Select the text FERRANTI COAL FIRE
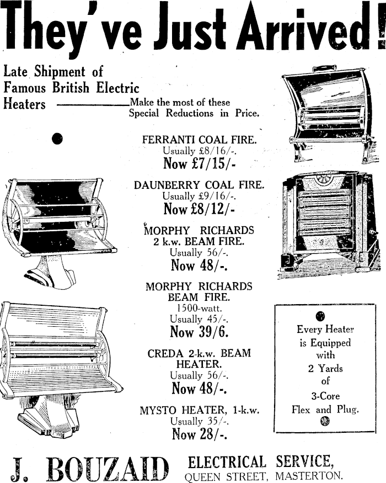point(199,140)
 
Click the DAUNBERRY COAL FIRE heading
point(199,185)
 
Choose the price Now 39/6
point(199,332)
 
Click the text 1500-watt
point(199,308)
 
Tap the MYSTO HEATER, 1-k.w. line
point(199,410)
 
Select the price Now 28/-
point(199,434)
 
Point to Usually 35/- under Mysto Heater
point(199,422)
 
